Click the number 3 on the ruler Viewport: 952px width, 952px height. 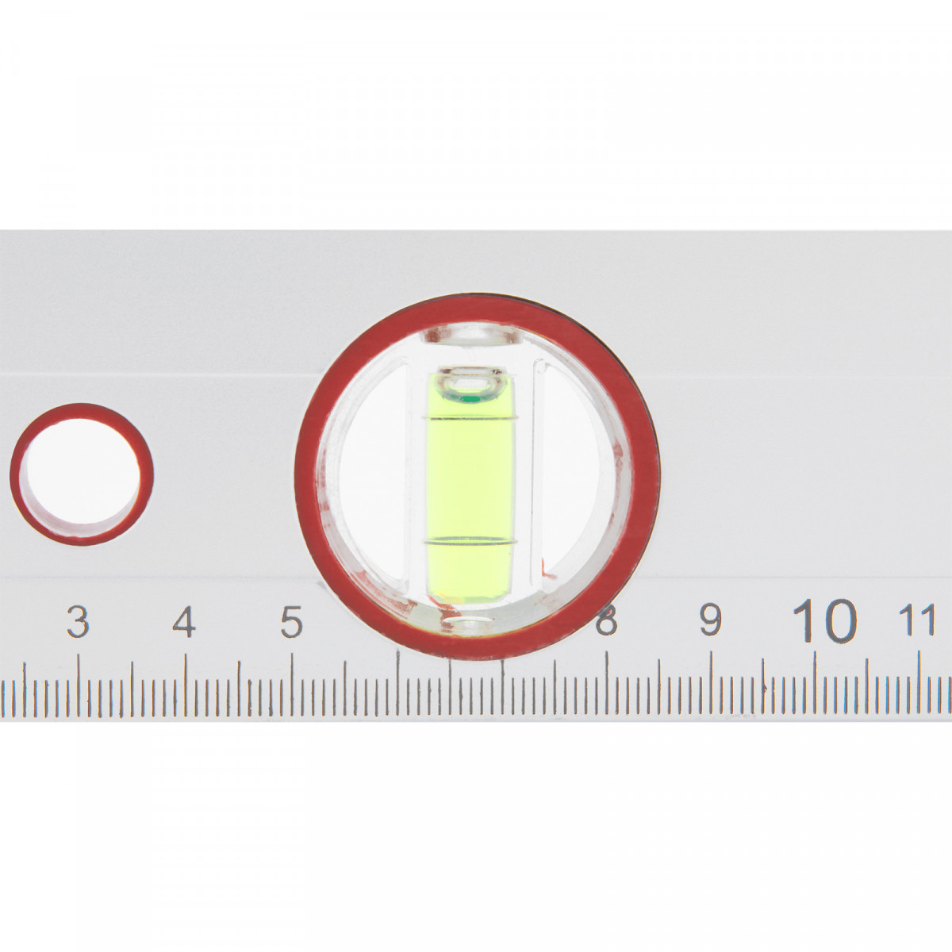click(78, 621)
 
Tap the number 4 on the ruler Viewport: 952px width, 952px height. click(184, 621)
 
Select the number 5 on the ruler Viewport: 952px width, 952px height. click(291, 621)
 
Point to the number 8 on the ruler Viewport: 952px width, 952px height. click(607, 620)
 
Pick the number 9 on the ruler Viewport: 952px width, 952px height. click(710, 620)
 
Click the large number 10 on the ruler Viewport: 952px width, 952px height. click(824, 620)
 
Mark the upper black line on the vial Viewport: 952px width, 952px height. click(470, 417)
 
